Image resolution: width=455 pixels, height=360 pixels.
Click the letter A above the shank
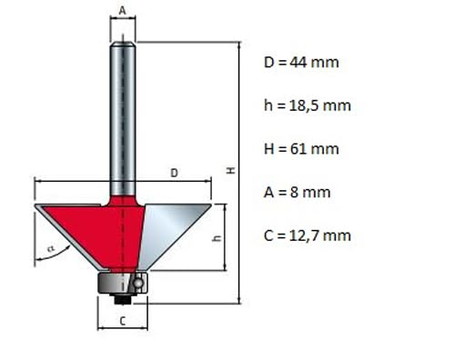pos(122,11)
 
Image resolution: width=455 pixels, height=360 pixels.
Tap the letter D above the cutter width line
pos(174,173)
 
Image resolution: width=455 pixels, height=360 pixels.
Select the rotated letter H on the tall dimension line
pos(231,171)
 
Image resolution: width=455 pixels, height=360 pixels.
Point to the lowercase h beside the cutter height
pos(217,238)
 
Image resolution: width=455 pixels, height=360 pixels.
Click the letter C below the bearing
pos(123,321)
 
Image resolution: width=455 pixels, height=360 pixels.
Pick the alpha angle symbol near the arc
pos(51,249)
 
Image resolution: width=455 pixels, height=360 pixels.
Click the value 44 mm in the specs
pos(314,63)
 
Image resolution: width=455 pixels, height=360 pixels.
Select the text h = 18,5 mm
pos(308,105)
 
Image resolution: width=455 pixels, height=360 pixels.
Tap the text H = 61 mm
pos(301,149)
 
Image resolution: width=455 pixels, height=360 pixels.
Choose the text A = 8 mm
pos(297,193)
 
